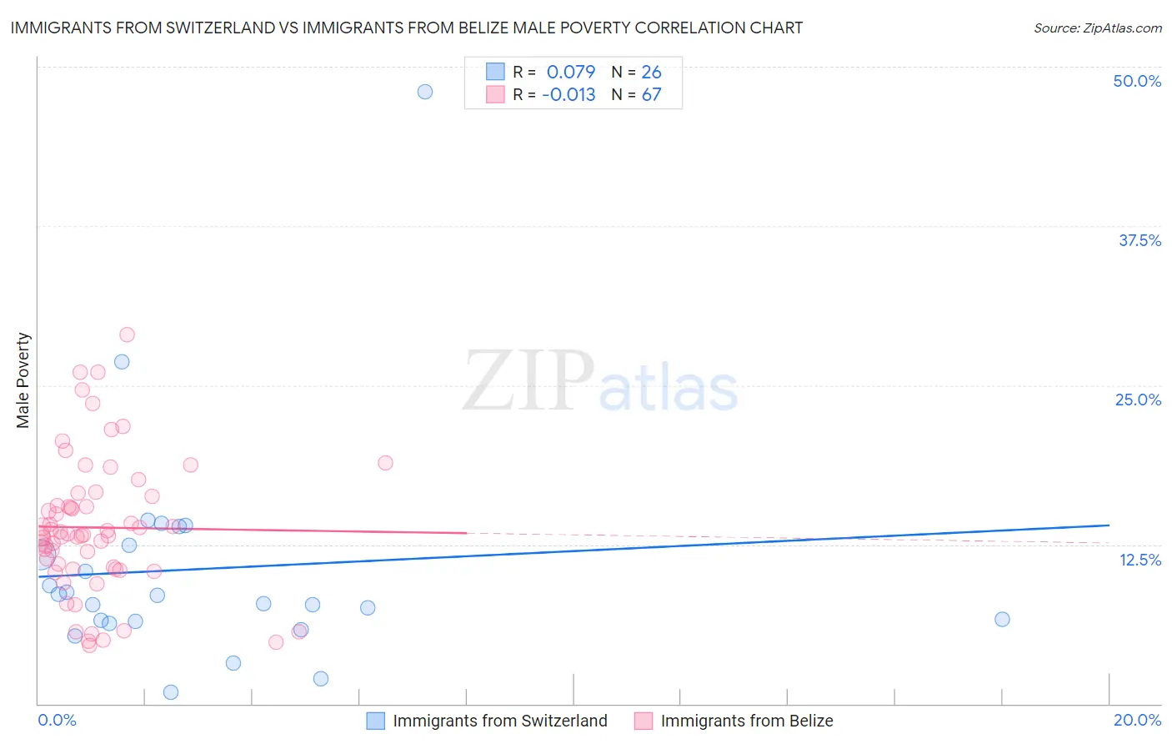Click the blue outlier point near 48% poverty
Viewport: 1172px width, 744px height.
click(x=425, y=92)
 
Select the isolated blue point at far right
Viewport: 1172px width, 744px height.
click(x=1002, y=619)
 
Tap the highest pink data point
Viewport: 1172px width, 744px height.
click(x=127, y=334)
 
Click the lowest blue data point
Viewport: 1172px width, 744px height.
click(x=171, y=692)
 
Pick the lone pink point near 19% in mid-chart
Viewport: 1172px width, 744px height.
click(x=385, y=463)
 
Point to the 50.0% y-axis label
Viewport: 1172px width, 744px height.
click(x=1137, y=81)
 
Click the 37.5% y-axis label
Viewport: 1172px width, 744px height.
click(x=1139, y=240)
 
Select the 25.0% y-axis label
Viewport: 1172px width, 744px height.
click(x=1138, y=400)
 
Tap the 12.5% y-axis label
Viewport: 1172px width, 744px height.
click(x=1139, y=560)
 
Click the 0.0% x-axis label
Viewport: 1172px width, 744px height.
click(x=57, y=720)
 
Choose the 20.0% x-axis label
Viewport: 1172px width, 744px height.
click(x=1137, y=720)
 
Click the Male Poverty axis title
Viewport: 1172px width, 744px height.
click(x=23, y=380)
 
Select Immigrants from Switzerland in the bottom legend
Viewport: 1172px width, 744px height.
click(x=499, y=721)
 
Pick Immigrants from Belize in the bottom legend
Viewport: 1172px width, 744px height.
click(x=746, y=721)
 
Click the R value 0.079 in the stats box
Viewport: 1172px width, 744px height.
click(x=571, y=72)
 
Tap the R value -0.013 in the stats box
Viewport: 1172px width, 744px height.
click(x=568, y=94)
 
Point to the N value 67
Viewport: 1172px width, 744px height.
click(x=651, y=94)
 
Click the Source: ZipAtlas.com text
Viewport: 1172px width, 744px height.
click(x=1097, y=28)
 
